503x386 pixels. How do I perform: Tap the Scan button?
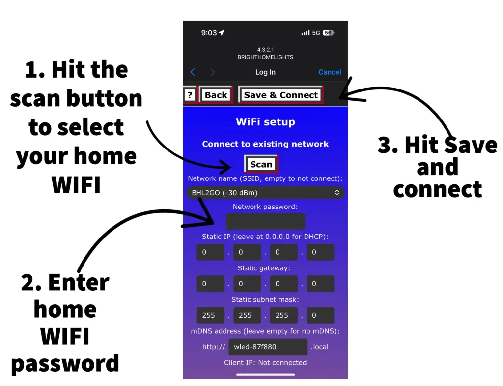[261, 164]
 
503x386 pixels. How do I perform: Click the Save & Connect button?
[281, 95]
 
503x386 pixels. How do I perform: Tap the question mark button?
[190, 95]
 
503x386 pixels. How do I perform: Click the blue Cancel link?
[330, 72]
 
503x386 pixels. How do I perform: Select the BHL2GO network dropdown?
[265, 193]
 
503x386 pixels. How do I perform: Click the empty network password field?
[265, 221]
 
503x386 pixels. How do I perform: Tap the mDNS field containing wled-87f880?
[268, 347]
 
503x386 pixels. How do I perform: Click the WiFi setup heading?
[265, 122]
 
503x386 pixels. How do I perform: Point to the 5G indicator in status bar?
[316, 33]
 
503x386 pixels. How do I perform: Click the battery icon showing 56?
[328, 33]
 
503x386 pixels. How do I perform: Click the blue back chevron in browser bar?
[193, 72]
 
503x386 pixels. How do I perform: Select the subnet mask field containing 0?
[320, 315]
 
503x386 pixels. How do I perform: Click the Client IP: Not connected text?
[265, 363]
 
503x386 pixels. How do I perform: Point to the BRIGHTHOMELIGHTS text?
[265, 57]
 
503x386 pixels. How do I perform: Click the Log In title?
[265, 72]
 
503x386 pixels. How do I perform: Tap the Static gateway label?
[264, 268]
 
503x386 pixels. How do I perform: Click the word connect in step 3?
[437, 189]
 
